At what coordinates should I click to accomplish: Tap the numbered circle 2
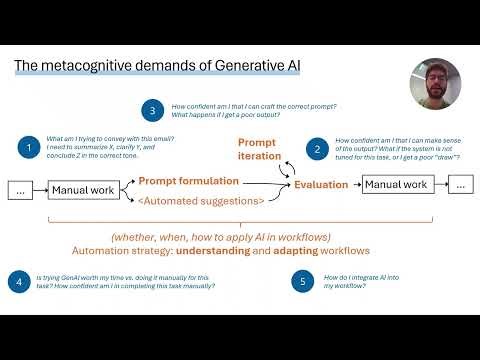pyautogui.click(x=317, y=148)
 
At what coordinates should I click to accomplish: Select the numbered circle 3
pyautogui.click(x=151, y=110)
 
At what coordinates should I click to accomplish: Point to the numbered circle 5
pyautogui.click(x=305, y=282)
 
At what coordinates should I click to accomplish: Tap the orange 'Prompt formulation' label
pyautogui.click(x=189, y=181)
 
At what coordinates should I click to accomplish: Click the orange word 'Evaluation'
pyautogui.click(x=320, y=185)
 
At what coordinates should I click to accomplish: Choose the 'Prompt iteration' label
pyautogui.click(x=256, y=149)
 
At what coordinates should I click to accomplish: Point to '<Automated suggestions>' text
pyautogui.click(x=201, y=201)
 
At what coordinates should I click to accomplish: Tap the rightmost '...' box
pyautogui.click(x=459, y=185)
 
